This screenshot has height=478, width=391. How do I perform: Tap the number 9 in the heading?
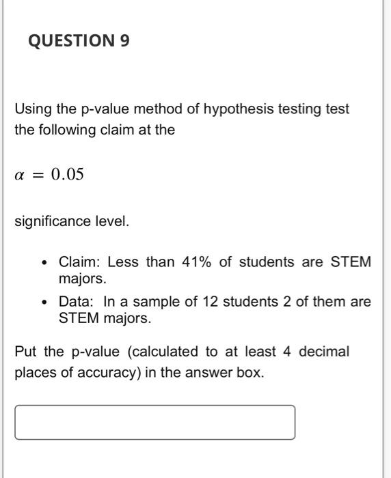pyautogui.click(x=124, y=42)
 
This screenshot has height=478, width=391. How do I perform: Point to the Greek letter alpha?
pyautogui.click(x=19, y=175)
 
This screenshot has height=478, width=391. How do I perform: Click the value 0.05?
pyautogui.click(x=67, y=175)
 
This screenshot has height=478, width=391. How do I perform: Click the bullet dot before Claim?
pyautogui.click(x=44, y=262)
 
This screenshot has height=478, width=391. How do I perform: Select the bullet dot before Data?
pyautogui.click(x=44, y=302)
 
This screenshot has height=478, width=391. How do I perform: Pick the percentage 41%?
pyautogui.click(x=196, y=262)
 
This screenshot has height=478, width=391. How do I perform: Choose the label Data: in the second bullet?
pyautogui.click(x=77, y=302)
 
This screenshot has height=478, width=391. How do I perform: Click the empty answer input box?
pyautogui.click(x=155, y=422)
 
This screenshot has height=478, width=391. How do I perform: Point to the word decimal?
pyautogui.click(x=324, y=352)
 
